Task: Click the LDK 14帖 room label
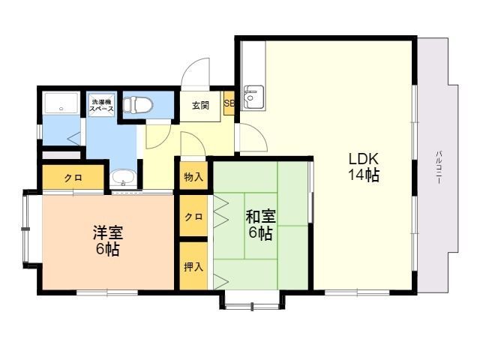click(364, 166)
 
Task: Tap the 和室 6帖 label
click(260, 225)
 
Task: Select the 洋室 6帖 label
click(108, 241)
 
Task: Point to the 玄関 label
click(200, 106)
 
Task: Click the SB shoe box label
click(229, 103)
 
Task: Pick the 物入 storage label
click(193, 177)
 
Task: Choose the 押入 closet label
click(193, 267)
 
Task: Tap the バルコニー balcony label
click(439, 167)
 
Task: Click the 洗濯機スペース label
click(101, 105)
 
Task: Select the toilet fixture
click(138, 104)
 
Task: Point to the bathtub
click(61, 103)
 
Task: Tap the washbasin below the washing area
click(123, 178)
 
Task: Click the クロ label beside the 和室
click(193, 217)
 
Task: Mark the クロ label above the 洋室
click(73, 178)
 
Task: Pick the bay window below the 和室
click(252, 302)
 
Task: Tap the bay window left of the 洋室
click(31, 229)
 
